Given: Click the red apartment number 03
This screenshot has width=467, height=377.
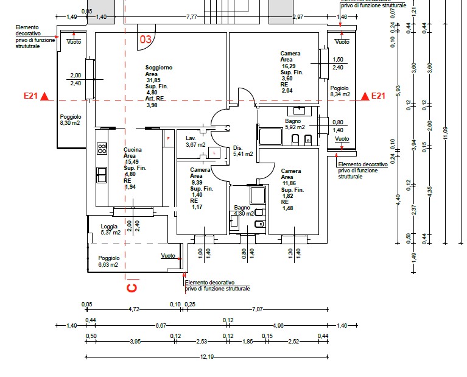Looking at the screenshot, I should (146, 40).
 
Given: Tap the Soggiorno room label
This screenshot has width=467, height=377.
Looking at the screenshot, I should (159, 67).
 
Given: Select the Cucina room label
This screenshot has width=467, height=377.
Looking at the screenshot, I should (133, 150).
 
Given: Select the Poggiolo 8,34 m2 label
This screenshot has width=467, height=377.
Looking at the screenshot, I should (340, 91).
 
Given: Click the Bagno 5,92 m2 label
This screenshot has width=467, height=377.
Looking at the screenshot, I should (293, 124).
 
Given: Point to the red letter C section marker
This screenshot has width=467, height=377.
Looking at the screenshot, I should (130, 286).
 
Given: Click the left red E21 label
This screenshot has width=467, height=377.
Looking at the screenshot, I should (30, 96).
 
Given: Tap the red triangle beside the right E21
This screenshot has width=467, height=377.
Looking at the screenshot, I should (364, 96).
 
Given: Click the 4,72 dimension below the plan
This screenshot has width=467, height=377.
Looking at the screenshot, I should (134, 309).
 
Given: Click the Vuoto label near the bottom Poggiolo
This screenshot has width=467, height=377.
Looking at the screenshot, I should (168, 256).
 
